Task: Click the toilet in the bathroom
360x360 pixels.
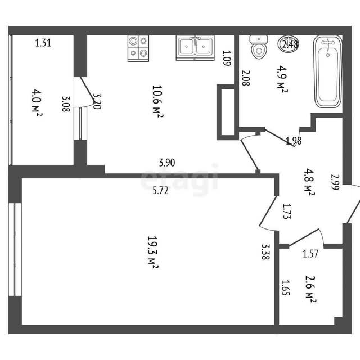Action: pos(259,47)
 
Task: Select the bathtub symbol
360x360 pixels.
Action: pos(328,71)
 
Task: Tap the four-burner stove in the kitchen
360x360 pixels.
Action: pos(138,48)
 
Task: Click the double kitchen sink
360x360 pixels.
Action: pos(195,48)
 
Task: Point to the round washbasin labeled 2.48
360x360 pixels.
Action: pos(288,44)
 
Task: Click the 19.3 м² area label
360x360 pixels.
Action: pos(152,252)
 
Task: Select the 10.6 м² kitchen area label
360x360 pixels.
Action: pos(157,101)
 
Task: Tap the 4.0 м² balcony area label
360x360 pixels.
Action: pos(37,102)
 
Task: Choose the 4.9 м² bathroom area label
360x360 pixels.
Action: pos(282,79)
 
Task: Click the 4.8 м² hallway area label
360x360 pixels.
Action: pos(309,182)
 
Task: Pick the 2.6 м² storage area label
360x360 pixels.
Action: pos(311,290)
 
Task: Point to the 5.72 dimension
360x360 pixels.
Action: pos(160,190)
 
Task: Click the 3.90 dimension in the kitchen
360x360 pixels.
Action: pos(167,163)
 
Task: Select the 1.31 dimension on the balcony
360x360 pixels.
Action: pos(43,43)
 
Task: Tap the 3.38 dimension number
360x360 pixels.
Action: pos(265,251)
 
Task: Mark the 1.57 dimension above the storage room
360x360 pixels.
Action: pos(310,254)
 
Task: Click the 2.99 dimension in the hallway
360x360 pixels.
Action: pos(335,182)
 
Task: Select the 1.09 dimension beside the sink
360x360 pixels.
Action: pos(226,58)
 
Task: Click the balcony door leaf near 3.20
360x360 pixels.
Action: pos(87,89)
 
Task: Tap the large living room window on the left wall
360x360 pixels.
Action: pos(15,249)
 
